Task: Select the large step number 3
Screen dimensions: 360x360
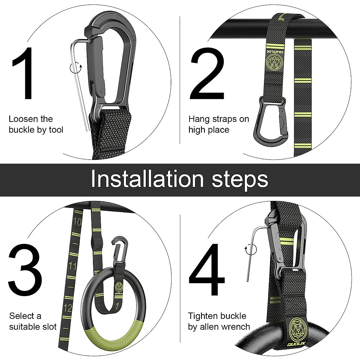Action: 25,271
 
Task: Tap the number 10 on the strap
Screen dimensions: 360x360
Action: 77,222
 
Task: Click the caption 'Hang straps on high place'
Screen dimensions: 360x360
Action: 218,124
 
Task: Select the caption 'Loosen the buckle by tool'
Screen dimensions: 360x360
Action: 36,124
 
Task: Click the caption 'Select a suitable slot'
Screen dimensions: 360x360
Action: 32,321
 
